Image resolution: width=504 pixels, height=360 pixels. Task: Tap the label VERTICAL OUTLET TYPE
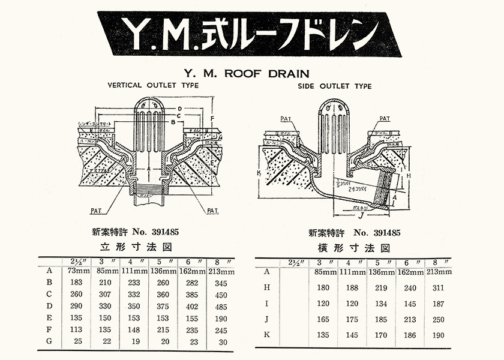pyautogui.click(x=153, y=86)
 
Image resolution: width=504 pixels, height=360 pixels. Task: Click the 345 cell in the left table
pyautogui.click(x=221, y=282)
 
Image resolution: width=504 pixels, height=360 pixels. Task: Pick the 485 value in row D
pyautogui.click(x=221, y=307)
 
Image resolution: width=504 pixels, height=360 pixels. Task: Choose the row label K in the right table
pyautogui.click(x=266, y=334)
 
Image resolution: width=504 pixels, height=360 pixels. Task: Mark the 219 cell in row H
pyautogui.click(x=381, y=287)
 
